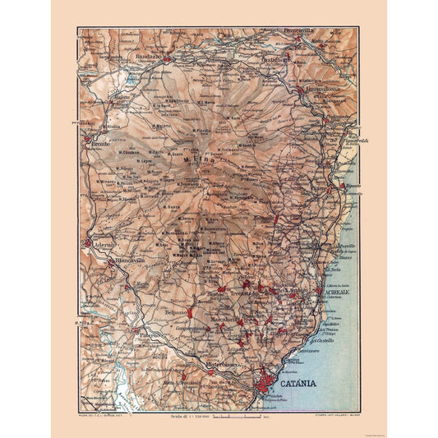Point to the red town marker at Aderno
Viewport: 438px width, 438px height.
tap(88, 243)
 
